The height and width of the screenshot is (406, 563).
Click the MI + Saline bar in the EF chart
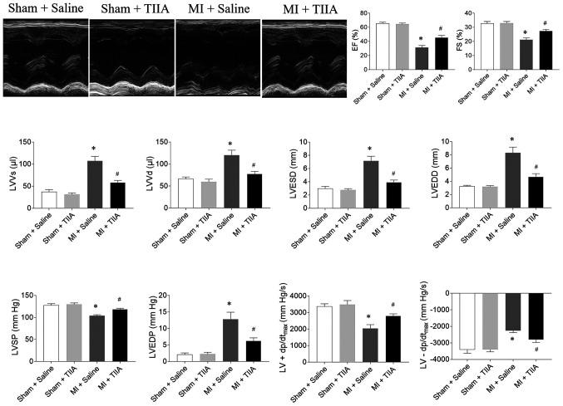422,55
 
